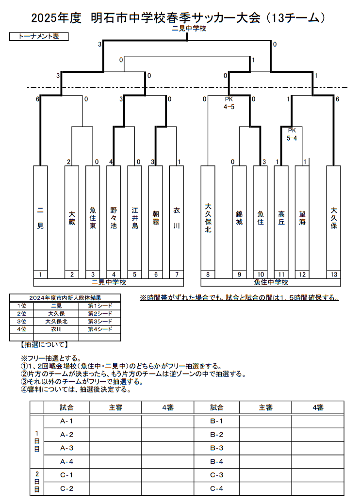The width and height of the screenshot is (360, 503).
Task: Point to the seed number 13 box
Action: tap(333, 275)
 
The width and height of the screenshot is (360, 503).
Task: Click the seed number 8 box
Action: tap(208, 275)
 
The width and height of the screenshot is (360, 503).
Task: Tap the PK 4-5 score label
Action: tap(229, 103)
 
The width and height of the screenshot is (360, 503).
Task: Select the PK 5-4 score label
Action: tap(292, 134)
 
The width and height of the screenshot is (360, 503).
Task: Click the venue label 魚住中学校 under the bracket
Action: tap(271, 282)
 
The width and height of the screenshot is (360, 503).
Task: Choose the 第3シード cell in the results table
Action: tap(99, 321)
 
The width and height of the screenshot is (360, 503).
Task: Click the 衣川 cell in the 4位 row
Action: tap(56, 329)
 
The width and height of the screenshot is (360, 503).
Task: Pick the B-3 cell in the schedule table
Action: tap(216, 448)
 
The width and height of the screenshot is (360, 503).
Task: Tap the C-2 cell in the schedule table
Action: tap(66, 488)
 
